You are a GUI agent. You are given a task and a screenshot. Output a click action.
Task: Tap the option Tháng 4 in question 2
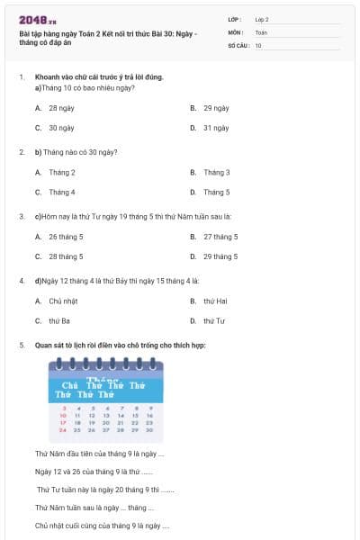61,192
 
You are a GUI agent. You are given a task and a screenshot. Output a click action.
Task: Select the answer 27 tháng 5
220,237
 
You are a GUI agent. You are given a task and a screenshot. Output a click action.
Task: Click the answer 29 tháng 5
220,256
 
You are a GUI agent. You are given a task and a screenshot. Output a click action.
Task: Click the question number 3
22,216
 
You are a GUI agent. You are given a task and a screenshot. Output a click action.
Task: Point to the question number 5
22,345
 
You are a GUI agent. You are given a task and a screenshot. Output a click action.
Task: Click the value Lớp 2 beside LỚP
262,19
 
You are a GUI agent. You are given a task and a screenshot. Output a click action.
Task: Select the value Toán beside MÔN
261,31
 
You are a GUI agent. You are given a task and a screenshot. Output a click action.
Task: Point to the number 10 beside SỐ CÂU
258,44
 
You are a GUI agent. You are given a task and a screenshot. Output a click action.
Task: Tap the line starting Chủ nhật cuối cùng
102,526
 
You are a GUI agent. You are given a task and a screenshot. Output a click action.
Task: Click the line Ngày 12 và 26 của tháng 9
94,472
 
